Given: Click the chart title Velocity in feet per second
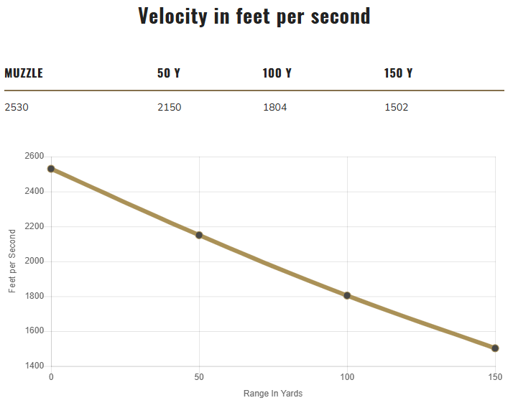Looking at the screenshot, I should point(254,17).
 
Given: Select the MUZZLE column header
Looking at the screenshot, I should point(24,73).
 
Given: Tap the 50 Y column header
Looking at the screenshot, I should point(169,73).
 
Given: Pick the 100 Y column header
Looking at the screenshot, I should point(277,73).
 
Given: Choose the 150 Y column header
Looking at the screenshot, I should point(399,73).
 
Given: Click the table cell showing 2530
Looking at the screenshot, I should point(17,108).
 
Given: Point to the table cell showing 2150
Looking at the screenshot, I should point(170,108).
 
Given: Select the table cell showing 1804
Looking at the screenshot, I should point(275,108).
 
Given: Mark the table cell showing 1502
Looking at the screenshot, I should point(397,108).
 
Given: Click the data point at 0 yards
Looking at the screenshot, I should point(51,169).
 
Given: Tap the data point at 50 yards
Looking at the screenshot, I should point(199,235).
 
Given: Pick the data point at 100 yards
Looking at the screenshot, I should point(347,295).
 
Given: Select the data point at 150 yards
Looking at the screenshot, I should point(495,348).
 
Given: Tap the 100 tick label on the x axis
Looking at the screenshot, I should point(347,377).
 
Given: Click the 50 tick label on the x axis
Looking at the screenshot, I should point(199,377).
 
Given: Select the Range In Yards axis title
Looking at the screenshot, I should point(273,394).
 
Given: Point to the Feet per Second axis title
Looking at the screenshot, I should point(12,261).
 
